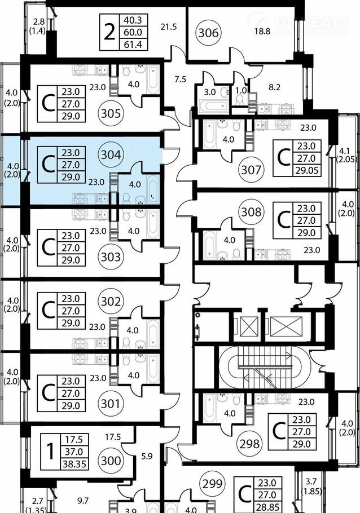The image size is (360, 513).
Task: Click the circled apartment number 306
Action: point(208,33)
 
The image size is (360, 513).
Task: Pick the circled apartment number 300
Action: point(112,460)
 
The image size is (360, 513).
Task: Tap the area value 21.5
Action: point(168,26)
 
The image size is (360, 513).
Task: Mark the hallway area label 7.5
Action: point(180,79)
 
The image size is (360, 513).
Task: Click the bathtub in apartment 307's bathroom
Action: point(209,135)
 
